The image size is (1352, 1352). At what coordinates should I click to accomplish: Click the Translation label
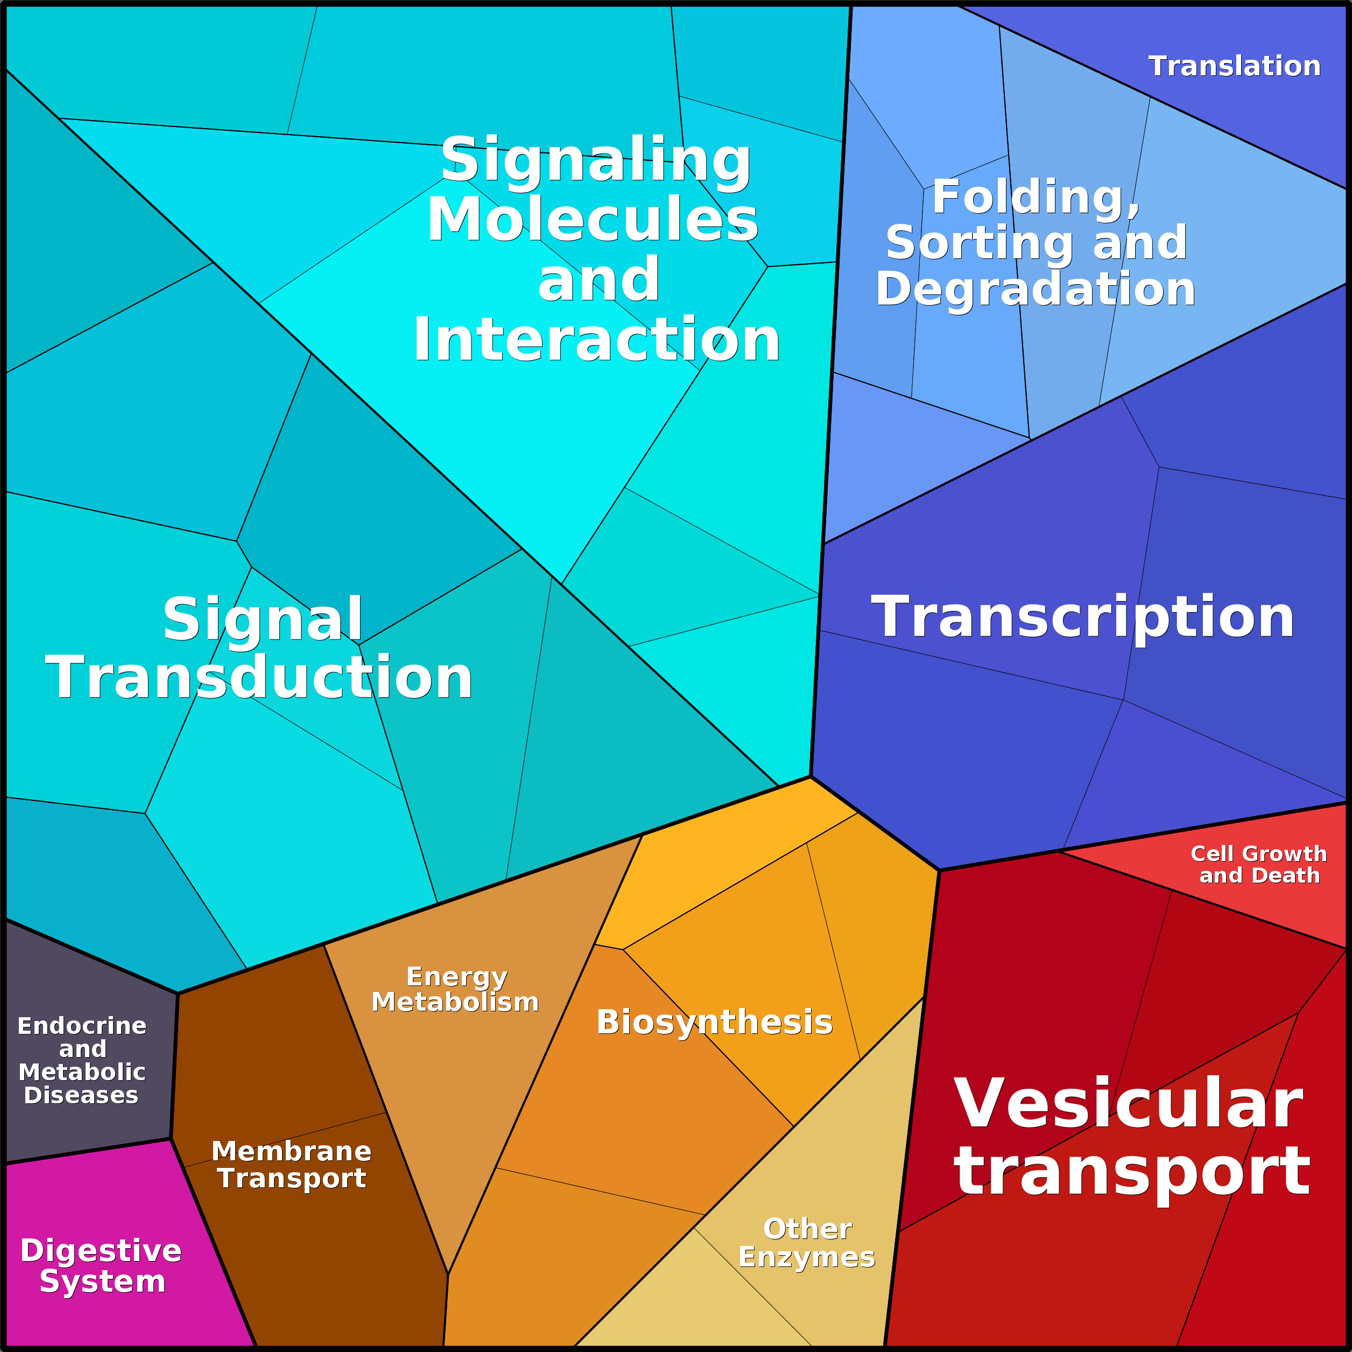[x=1235, y=67]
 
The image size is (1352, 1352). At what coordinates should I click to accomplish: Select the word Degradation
[x=1036, y=290]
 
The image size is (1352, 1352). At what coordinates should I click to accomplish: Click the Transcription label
[x=1082, y=616]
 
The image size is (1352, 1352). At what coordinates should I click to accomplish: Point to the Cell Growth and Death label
[x=1259, y=864]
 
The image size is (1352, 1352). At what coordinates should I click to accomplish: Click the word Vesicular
[x=1128, y=1104]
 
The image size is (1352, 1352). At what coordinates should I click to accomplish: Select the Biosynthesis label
[x=715, y=1023]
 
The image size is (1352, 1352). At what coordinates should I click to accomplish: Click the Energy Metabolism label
[x=455, y=989]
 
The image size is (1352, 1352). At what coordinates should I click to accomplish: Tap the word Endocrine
[x=82, y=1026]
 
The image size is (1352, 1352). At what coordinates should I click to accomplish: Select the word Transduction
[x=259, y=678]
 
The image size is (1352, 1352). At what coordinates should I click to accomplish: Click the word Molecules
[x=593, y=220]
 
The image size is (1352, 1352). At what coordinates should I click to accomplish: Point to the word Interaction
[x=596, y=340]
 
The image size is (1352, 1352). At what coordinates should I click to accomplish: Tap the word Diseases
[x=81, y=1095]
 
